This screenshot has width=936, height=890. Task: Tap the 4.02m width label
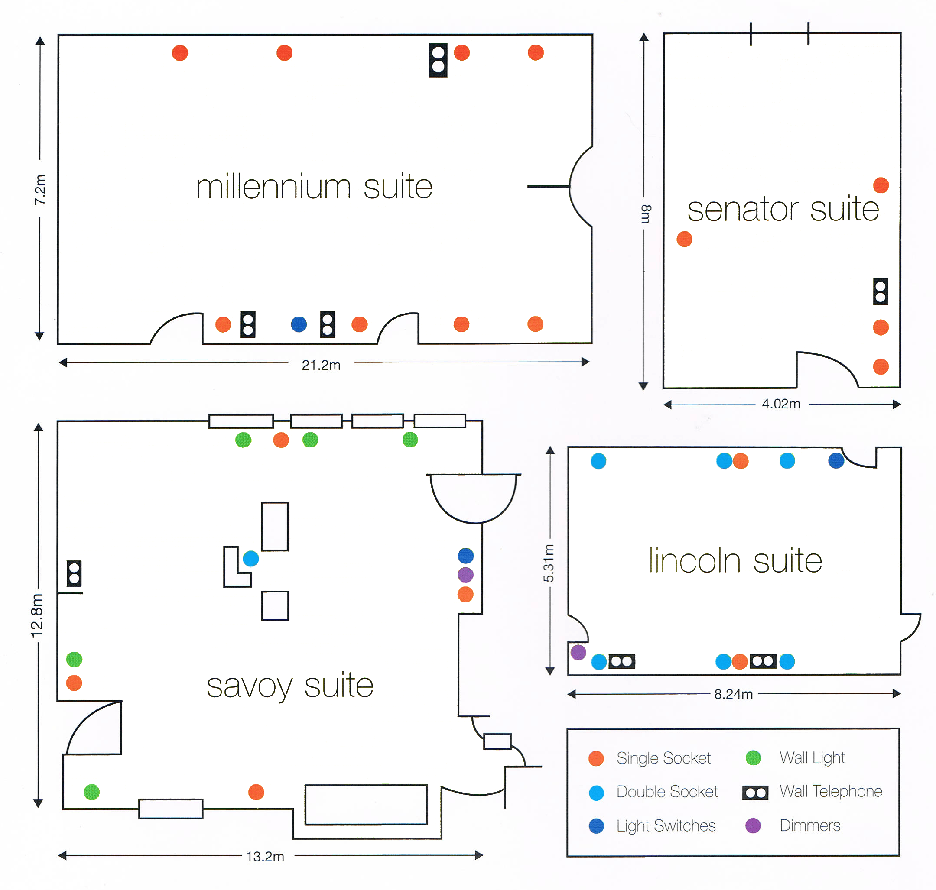pos(781,404)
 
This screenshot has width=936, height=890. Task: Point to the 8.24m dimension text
pos(733,694)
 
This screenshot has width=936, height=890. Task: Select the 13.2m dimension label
pos(265,856)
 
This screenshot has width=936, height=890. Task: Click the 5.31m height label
pos(549,563)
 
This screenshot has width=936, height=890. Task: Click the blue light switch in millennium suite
pos(299,324)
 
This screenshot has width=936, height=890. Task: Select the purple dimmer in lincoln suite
pos(578,652)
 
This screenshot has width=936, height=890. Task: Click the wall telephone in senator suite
pos(880,291)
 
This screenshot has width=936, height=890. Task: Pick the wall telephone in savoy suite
pos(74,573)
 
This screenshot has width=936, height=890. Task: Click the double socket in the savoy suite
pos(250,559)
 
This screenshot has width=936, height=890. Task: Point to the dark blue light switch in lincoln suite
pos(836,461)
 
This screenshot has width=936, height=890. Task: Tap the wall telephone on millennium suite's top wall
pos(438,60)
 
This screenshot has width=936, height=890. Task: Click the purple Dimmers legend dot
pos(753,826)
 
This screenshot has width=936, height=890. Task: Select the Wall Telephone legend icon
pos(755,793)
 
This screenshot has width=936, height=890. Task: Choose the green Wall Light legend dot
pos(753,758)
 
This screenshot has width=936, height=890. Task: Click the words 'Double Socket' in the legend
pos(666,792)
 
